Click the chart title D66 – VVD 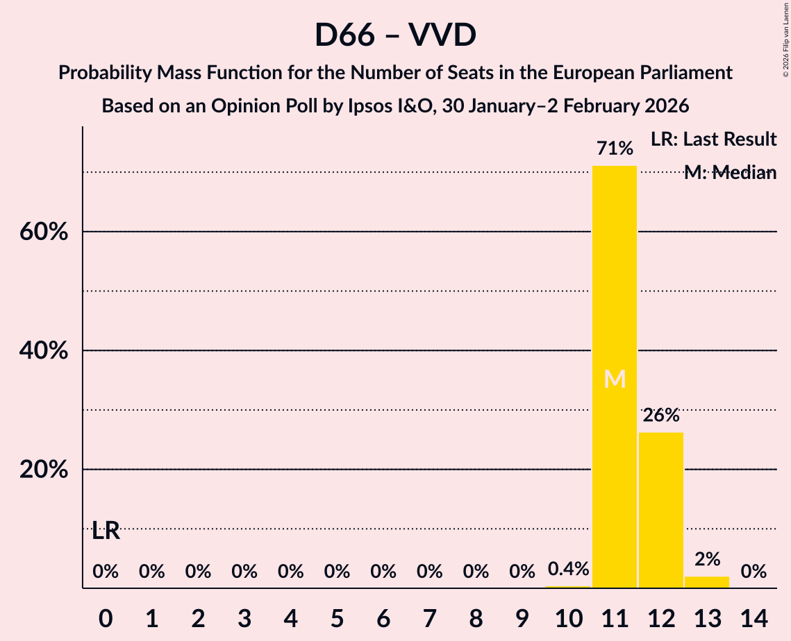(395, 35)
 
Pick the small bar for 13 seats (707, 582)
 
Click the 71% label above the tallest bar (615, 148)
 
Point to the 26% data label (661, 416)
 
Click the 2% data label (707, 559)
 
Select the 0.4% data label (568, 570)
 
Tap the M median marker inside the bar (615, 379)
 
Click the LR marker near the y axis (106, 531)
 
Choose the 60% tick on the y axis (44, 232)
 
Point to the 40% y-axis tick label (44, 351)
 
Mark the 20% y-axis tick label (44, 470)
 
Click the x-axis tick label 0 (106, 616)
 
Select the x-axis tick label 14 (753, 616)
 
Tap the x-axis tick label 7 (429, 616)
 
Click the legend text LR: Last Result (713, 139)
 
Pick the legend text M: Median (730, 173)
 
